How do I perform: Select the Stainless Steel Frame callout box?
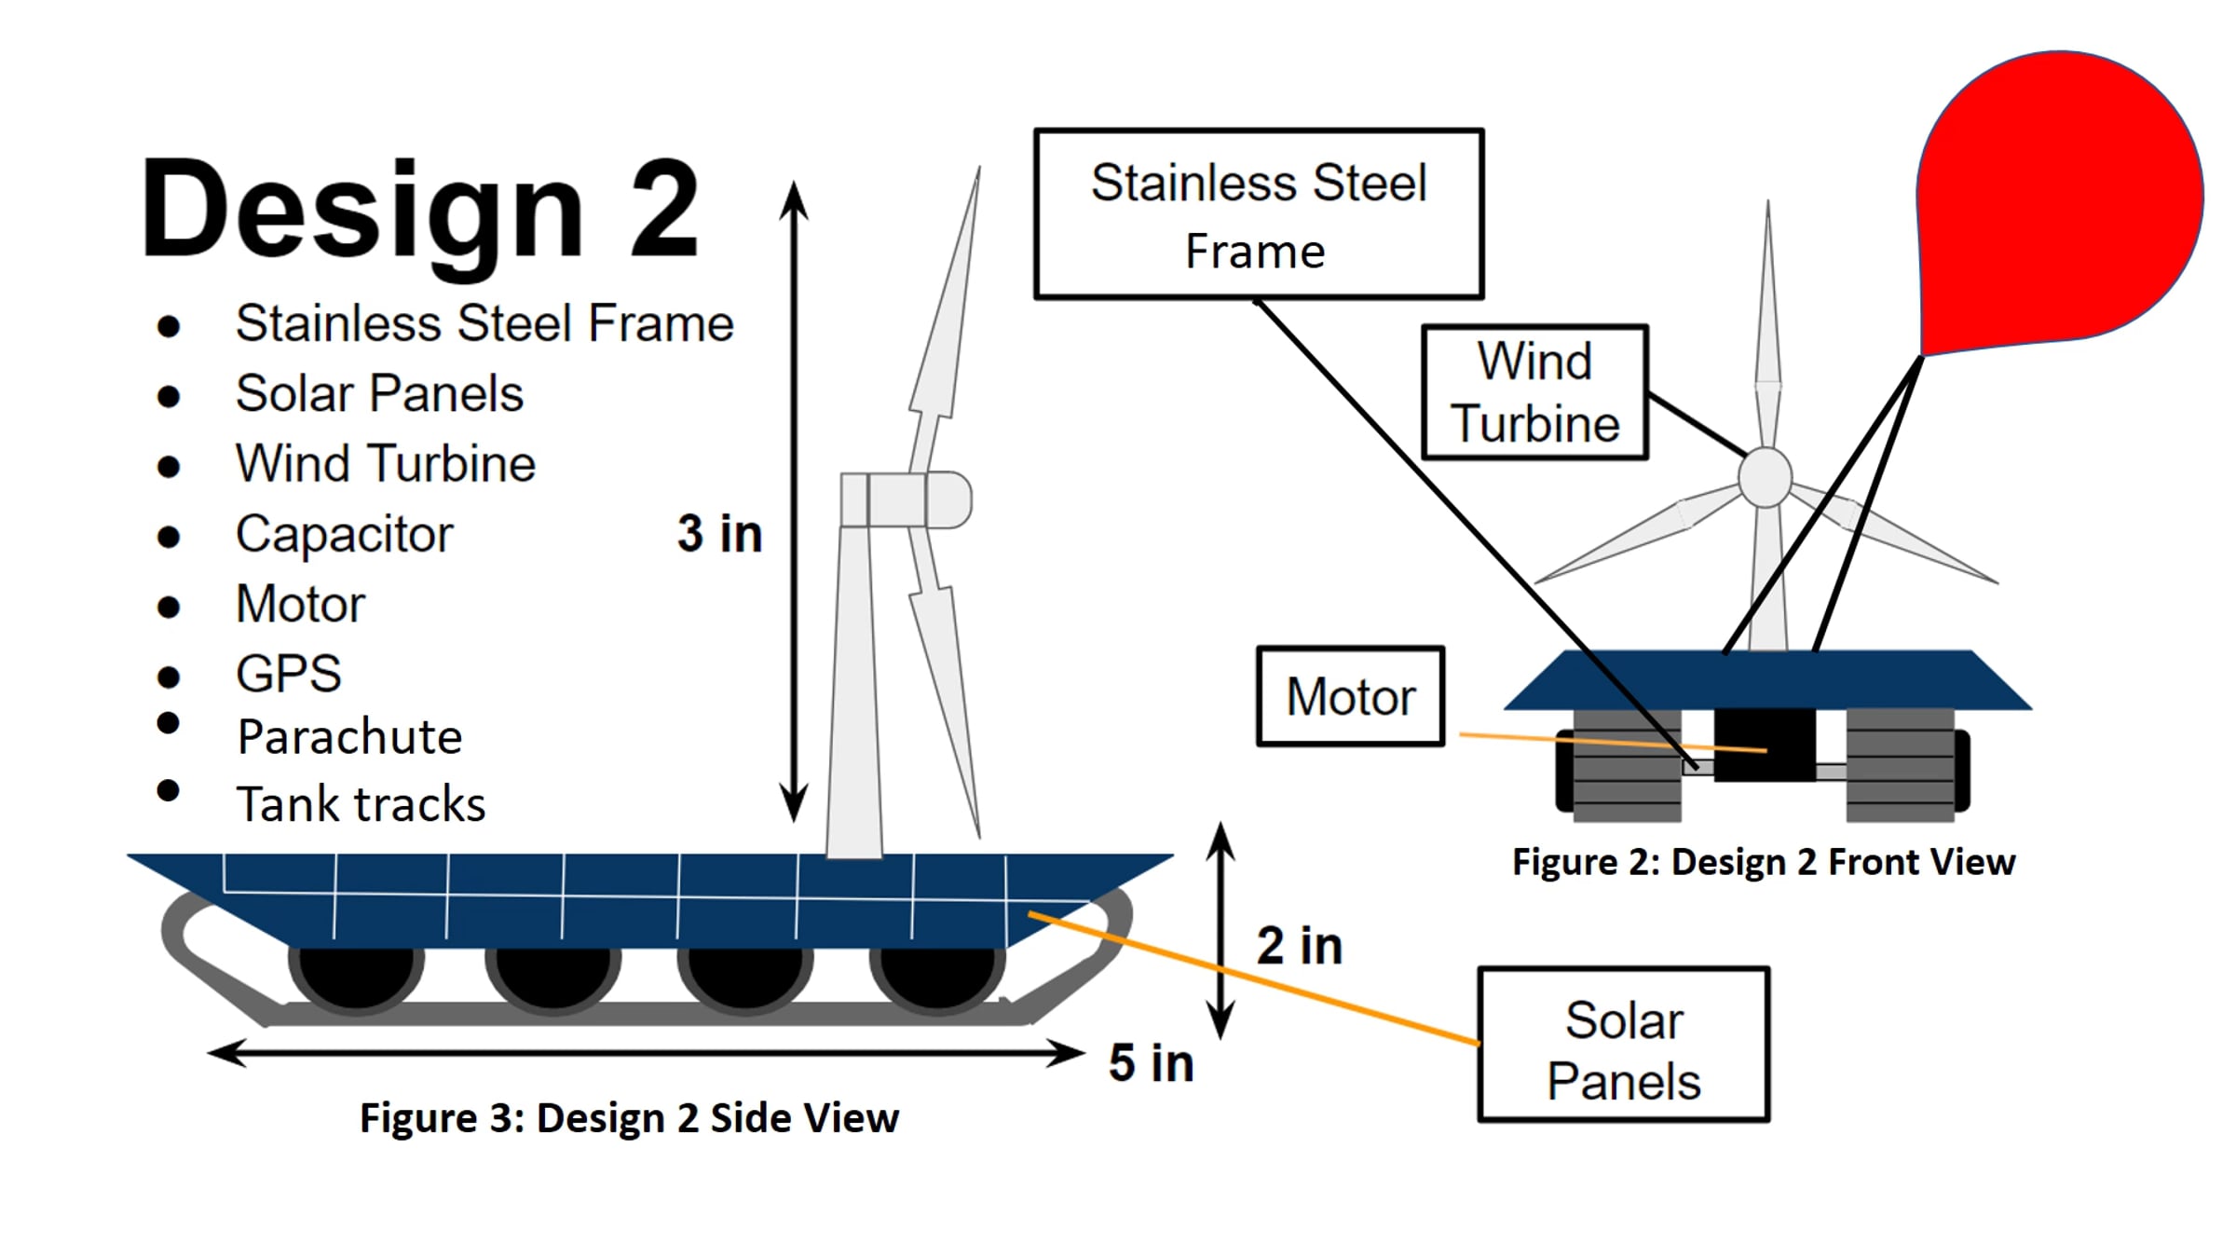click(1259, 214)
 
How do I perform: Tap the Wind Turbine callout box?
click(1534, 391)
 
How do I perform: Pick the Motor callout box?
click(1350, 696)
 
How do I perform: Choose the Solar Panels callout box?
click(1623, 1045)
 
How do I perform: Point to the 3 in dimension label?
click(719, 533)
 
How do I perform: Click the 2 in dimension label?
click(1300, 945)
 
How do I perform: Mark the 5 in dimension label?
click(1152, 1062)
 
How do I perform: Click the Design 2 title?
click(419, 210)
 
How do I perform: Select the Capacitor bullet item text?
click(344, 534)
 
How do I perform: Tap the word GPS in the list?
click(289, 673)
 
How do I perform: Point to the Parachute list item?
click(349, 737)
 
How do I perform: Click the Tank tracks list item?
click(361, 804)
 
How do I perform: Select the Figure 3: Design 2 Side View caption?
click(630, 1118)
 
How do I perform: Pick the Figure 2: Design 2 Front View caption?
click(1764, 862)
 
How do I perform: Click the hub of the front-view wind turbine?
click(1765, 478)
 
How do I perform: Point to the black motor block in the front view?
click(1765, 745)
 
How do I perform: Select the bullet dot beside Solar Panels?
click(169, 396)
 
